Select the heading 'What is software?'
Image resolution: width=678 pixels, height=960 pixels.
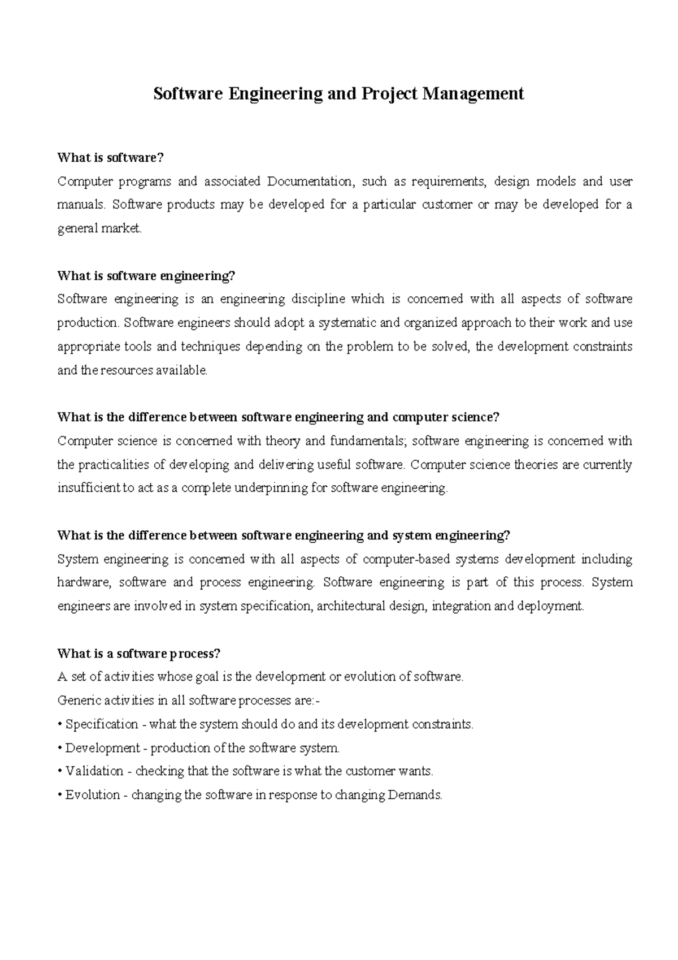pos(110,158)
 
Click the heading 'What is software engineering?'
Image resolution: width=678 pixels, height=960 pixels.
pos(146,276)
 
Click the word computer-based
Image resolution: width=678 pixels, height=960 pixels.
pos(407,559)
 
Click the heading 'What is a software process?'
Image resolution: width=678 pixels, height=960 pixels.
pos(138,654)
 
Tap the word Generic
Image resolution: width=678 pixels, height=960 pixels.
pos(77,700)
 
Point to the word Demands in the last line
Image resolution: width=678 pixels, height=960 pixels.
pos(415,795)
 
